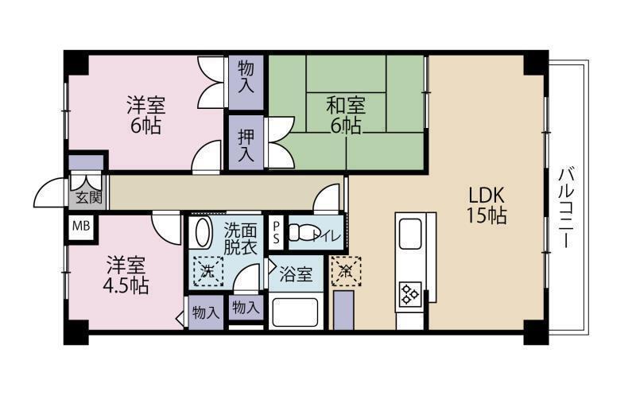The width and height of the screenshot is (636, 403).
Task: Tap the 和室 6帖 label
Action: coord(345,114)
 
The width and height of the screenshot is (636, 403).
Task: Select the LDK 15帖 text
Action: coord(487,204)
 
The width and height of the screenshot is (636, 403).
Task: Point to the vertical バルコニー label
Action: coord(565,208)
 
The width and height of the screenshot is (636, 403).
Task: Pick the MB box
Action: coord(81,227)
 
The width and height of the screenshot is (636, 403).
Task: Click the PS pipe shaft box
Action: coord(276,231)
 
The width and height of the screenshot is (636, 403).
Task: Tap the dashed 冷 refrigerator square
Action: coord(345,270)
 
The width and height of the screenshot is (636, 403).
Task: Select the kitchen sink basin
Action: coord(413,236)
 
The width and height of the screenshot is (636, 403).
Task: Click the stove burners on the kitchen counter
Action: coord(410,294)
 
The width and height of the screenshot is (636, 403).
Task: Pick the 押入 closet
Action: coord(246,141)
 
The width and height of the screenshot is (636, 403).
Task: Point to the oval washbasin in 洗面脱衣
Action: coord(203,235)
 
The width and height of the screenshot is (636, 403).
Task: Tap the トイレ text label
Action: coord(328,235)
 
